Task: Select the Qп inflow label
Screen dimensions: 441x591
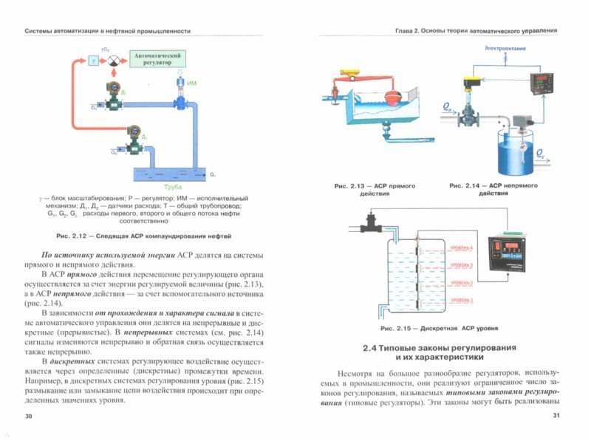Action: pyautogui.click(x=448, y=108)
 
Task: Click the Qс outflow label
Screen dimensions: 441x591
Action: pyautogui.click(x=541, y=155)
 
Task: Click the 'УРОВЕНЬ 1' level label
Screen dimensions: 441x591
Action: pyautogui.click(x=460, y=300)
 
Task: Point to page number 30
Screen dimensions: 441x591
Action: pyautogui.click(x=29, y=417)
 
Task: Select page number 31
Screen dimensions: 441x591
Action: pyautogui.click(x=557, y=417)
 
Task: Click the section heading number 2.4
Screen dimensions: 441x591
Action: pyautogui.click(x=370, y=347)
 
